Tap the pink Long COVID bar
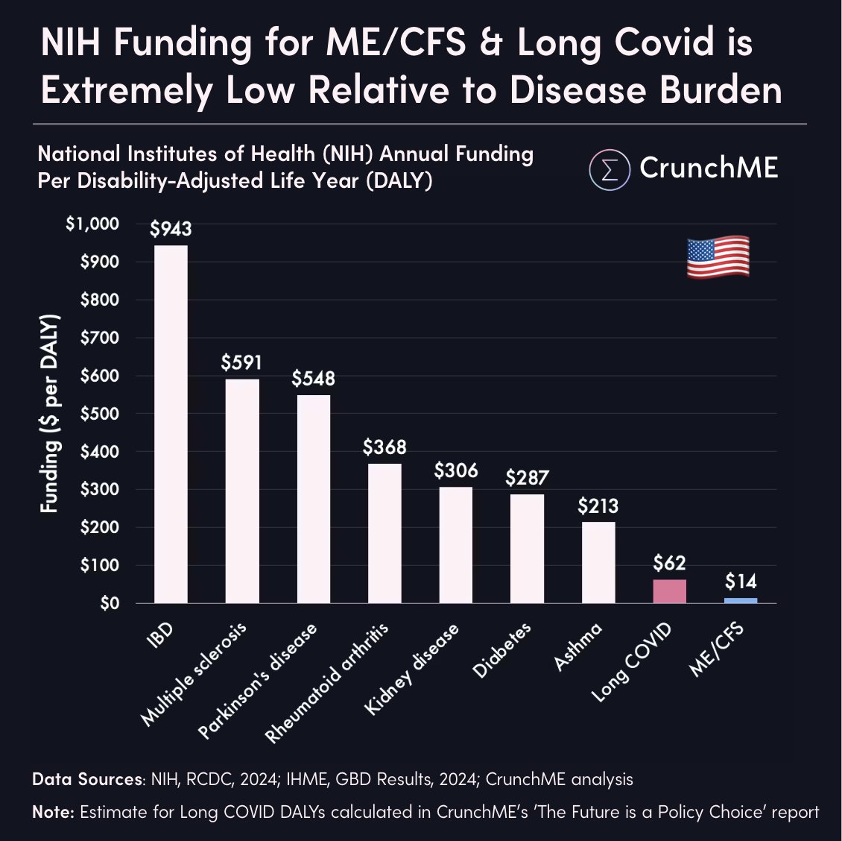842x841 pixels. click(x=669, y=591)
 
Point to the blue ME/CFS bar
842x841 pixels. click(x=741, y=600)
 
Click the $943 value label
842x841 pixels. click(x=171, y=230)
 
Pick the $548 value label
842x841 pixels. click(x=313, y=379)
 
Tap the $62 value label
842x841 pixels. click(x=669, y=563)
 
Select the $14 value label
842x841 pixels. click(x=741, y=582)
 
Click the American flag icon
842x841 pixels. click(x=718, y=257)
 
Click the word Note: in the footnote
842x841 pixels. click(x=53, y=812)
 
